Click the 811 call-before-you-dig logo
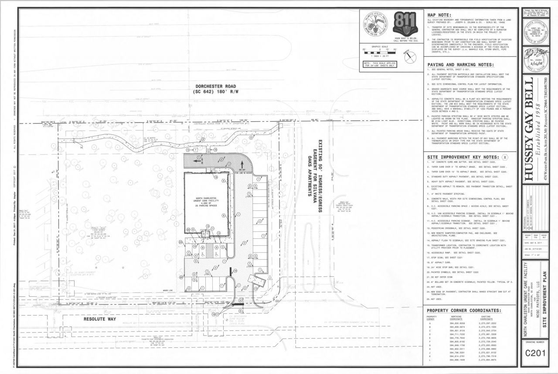[x=401, y=23]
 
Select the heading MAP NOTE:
[x=441, y=14]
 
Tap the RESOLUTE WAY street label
[x=101, y=319]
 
